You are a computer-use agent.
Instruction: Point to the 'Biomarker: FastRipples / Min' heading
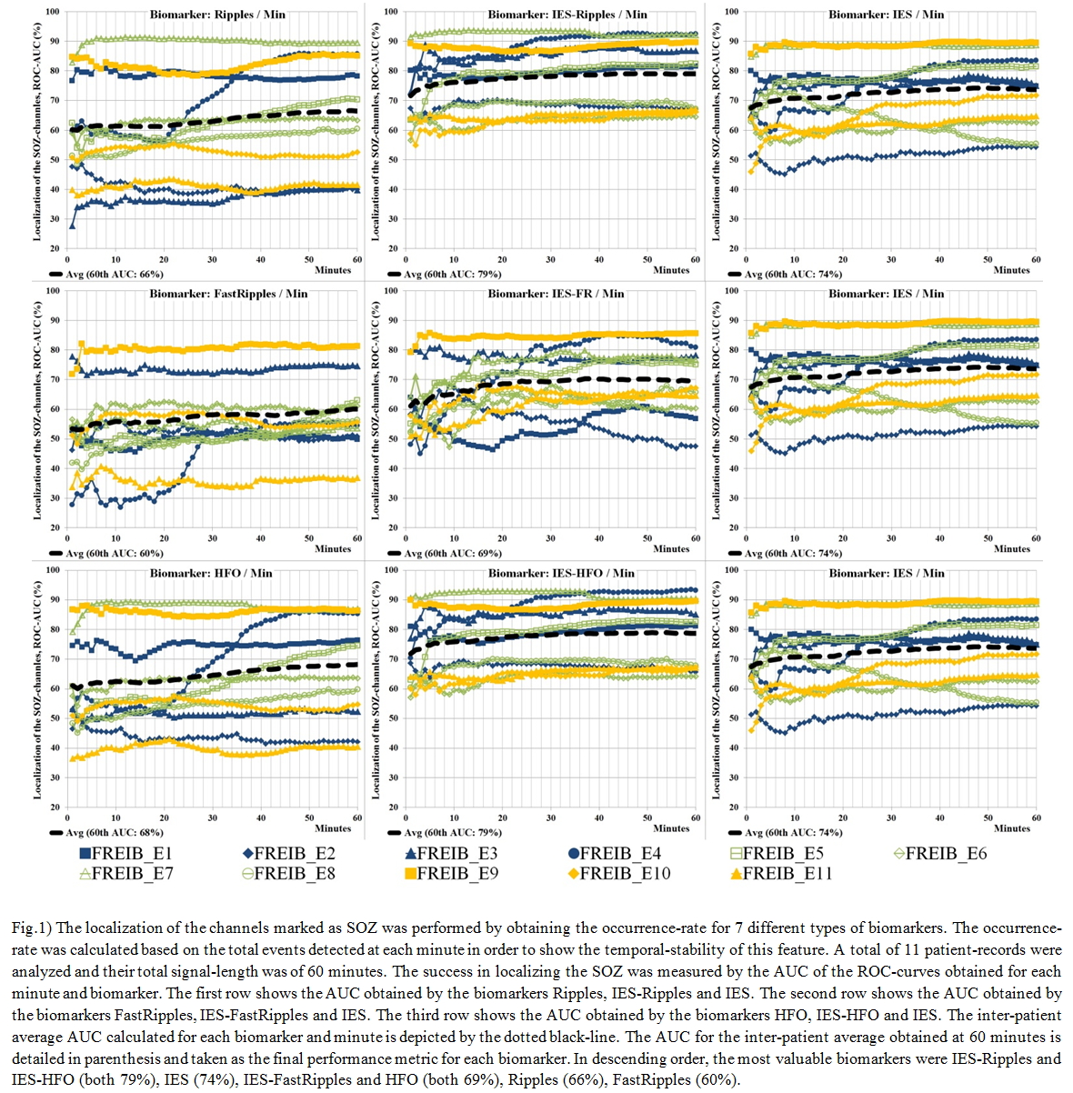tap(229, 294)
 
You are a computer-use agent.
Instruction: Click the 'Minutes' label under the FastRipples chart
tap(333, 548)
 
